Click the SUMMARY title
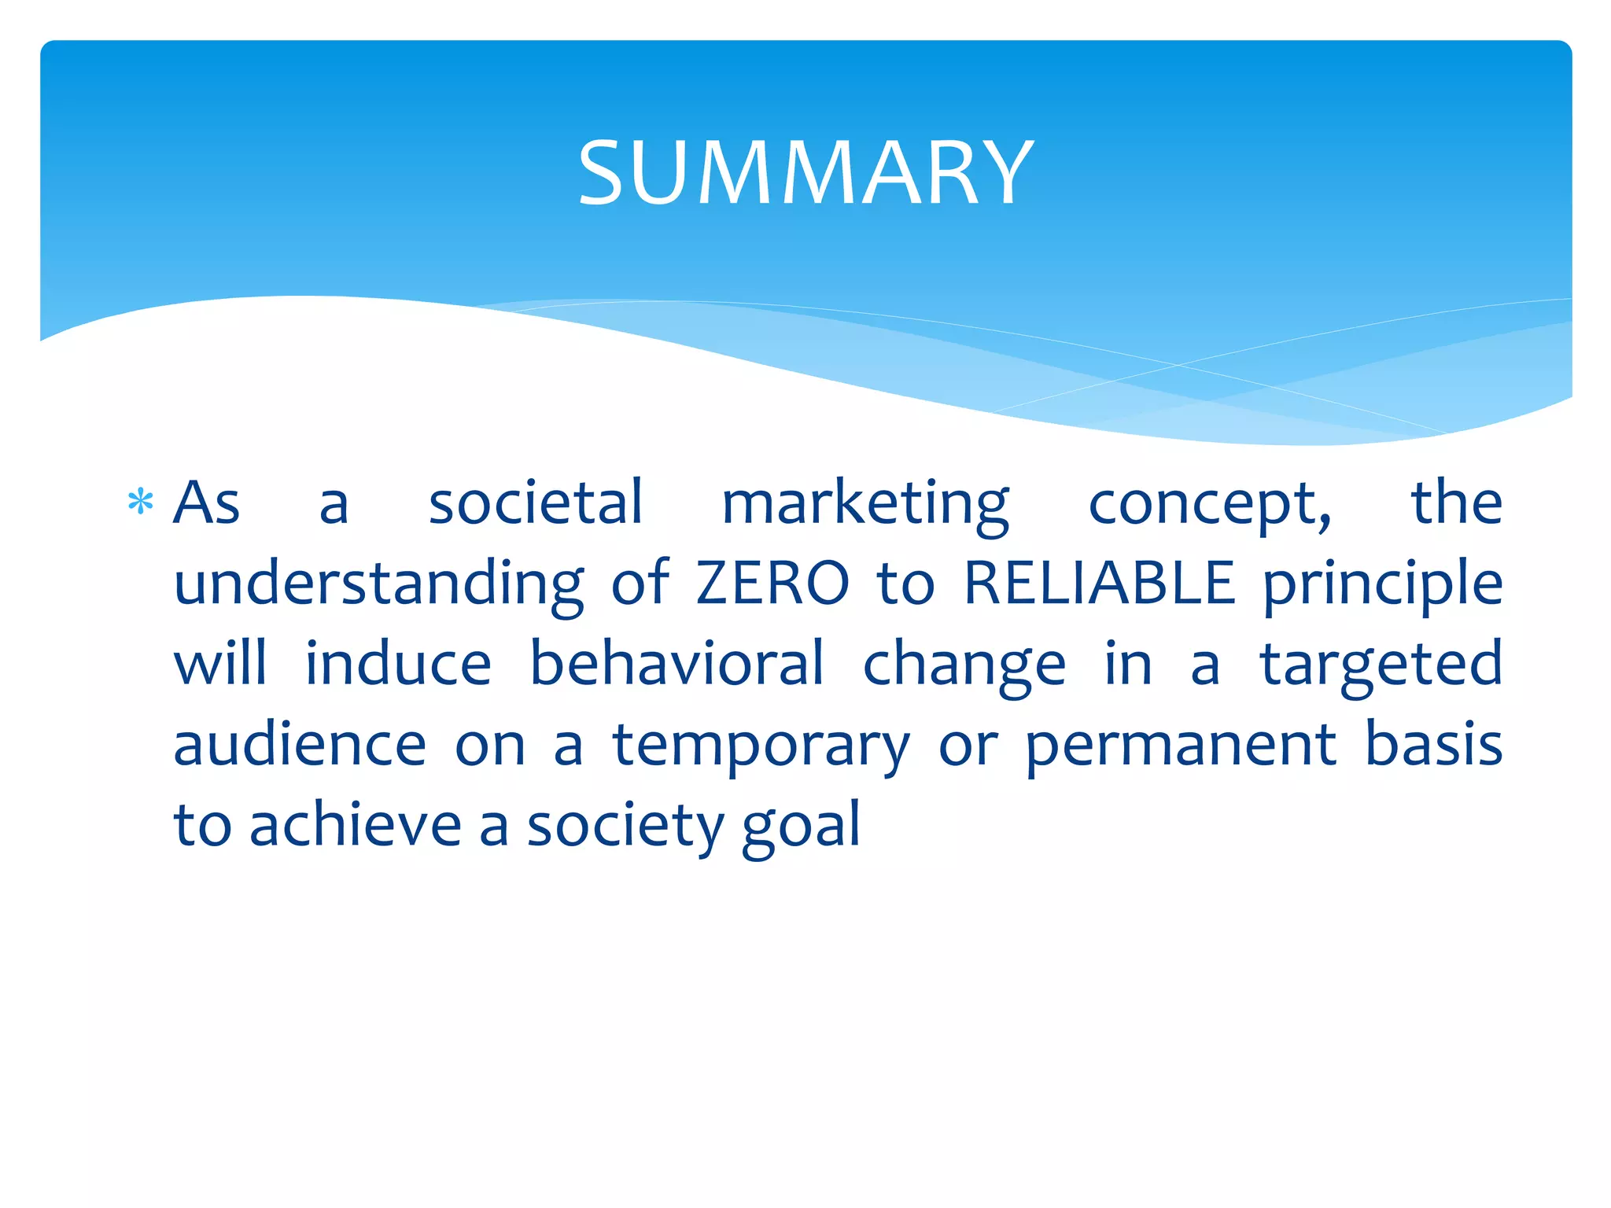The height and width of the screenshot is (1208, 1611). tap(805, 172)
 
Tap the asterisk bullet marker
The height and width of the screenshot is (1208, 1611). tap(140, 502)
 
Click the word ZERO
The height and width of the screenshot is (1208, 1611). tap(772, 583)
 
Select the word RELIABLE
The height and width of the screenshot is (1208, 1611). tap(1099, 583)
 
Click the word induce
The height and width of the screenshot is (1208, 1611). tap(398, 664)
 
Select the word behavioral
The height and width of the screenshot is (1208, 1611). tap(676, 664)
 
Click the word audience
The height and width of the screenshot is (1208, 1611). tap(300, 745)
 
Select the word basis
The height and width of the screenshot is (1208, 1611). tap(1433, 745)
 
